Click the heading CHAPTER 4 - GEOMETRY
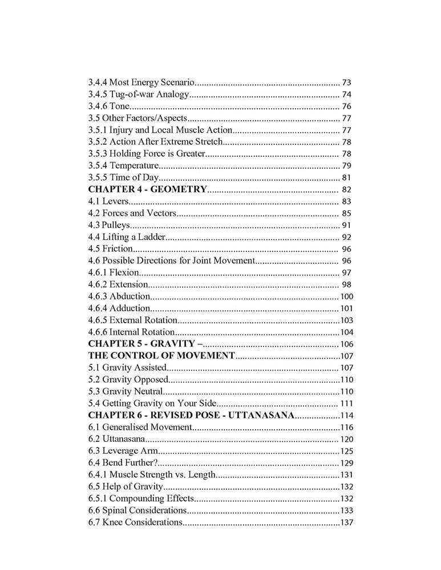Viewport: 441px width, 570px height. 147,190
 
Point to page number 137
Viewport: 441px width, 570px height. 347,523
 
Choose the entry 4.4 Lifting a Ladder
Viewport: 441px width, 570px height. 127,237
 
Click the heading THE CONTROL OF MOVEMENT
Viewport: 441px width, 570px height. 161,356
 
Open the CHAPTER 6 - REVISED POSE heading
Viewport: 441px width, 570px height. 191,416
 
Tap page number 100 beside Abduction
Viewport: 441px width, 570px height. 346,296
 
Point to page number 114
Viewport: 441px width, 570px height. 347,416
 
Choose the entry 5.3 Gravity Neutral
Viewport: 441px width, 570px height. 126,392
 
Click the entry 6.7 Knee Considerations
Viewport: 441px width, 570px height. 135,523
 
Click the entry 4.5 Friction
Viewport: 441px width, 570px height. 110,249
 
